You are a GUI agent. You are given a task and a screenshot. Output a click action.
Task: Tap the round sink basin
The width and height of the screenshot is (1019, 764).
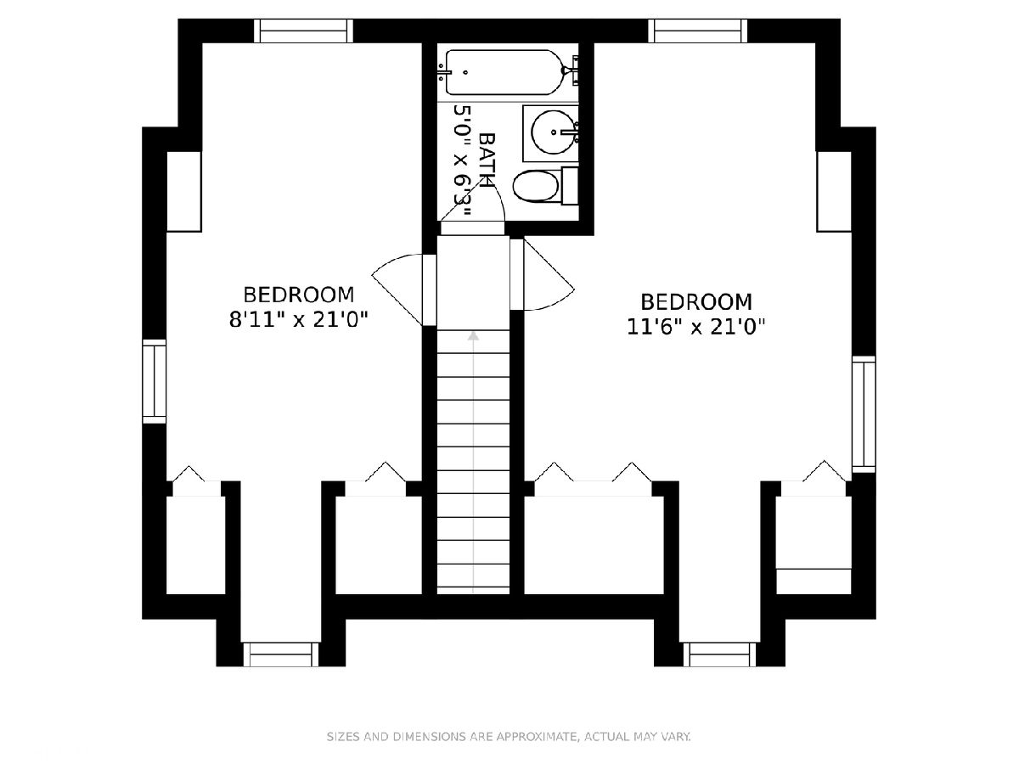[553, 132]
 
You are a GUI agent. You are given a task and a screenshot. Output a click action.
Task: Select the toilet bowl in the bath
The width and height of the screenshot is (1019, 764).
[536, 186]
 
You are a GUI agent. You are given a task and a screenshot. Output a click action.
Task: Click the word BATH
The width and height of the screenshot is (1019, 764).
[487, 160]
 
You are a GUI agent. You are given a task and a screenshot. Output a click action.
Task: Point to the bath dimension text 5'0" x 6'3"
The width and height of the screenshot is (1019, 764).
[462, 160]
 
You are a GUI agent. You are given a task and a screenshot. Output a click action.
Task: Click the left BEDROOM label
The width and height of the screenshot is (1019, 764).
[299, 295]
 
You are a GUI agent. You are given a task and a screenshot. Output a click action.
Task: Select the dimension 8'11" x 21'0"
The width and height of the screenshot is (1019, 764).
[299, 320]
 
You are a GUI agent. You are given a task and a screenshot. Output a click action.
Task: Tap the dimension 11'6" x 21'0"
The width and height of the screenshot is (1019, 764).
[695, 327]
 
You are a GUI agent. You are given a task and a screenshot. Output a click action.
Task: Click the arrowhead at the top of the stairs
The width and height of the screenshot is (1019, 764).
[473, 336]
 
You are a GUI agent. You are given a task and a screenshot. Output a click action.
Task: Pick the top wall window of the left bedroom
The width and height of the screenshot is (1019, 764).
[304, 31]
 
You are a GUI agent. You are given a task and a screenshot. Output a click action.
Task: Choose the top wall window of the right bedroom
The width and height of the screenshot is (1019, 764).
[698, 31]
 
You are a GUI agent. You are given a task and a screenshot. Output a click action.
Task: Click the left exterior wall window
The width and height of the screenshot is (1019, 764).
[155, 381]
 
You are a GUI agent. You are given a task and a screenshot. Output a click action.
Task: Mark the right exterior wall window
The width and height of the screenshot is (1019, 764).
[864, 415]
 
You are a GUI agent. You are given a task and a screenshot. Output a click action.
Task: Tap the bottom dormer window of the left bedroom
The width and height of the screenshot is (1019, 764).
[281, 654]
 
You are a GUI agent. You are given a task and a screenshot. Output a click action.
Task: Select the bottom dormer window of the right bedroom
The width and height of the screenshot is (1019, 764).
[719, 654]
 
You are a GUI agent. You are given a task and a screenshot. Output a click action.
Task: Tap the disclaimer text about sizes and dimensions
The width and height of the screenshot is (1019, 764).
[509, 737]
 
